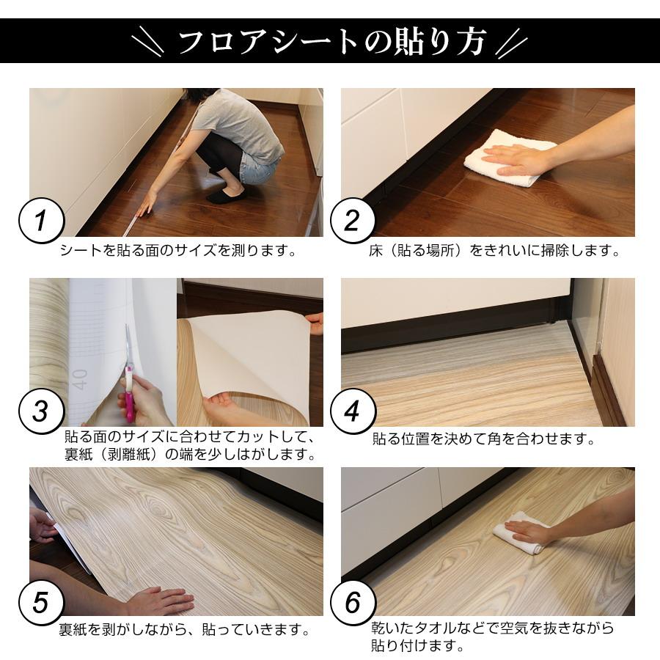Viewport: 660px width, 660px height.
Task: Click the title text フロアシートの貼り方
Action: point(331,42)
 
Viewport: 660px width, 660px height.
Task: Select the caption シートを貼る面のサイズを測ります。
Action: point(179,251)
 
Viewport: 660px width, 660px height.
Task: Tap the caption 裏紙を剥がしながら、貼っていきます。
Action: point(183,629)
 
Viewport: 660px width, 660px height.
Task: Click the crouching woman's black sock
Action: point(226,196)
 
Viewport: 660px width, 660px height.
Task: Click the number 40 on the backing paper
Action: point(80,378)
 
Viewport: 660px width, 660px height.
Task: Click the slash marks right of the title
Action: point(511,42)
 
